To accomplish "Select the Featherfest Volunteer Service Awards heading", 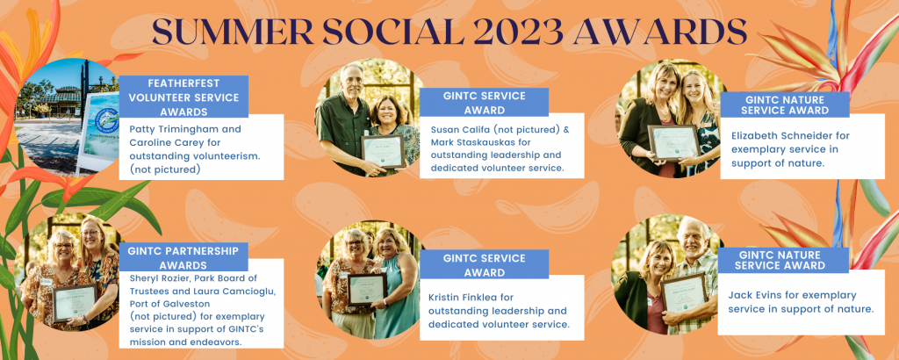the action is [x=183, y=97].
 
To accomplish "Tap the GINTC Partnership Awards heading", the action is [x=183, y=257].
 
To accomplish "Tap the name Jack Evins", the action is [x=757, y=295].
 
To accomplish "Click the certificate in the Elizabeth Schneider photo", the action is [x=674, y=141].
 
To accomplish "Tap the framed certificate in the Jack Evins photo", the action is [x=685, y=294].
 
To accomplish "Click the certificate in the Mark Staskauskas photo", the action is [x=383, y=151].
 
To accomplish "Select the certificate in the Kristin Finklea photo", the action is [x=366, y=289].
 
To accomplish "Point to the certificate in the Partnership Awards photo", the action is [x=76, y=302].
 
